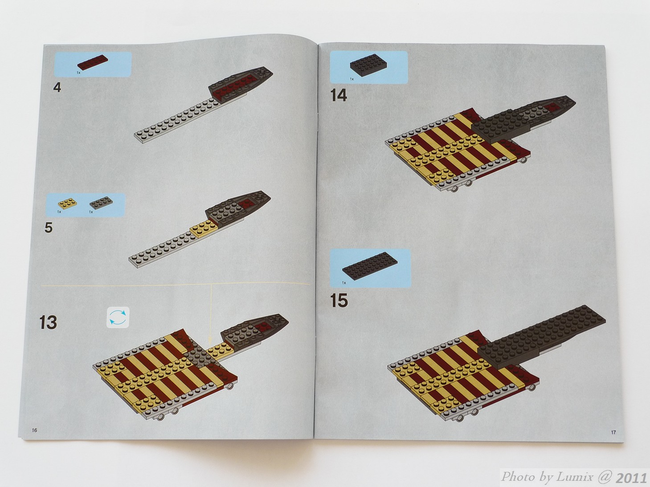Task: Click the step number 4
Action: point(57,88)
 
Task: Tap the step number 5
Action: point(49,228)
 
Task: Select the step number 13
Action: point(48,322)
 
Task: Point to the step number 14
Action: point(339,95)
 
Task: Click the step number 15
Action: point(339,300)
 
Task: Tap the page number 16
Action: point(35,430)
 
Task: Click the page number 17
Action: point(613,432)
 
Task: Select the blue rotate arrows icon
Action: point(118,317)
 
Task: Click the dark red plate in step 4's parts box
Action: point(92,62)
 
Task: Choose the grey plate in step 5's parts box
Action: point(101,203)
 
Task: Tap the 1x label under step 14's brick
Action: point(352,79)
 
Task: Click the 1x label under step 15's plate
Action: point(344,283)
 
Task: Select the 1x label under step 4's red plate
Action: point(78,73)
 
